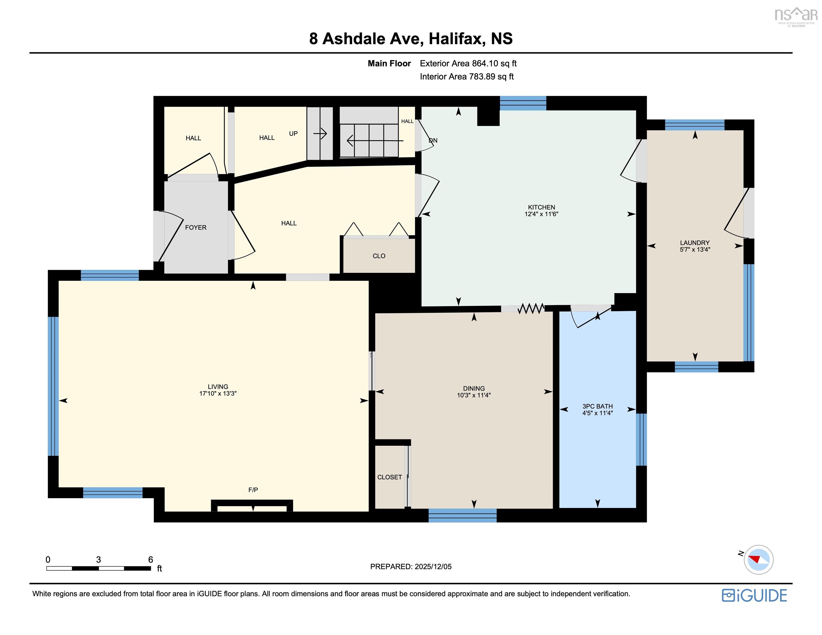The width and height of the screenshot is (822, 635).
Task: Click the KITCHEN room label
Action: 541,207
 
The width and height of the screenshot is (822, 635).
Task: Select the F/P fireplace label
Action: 253,490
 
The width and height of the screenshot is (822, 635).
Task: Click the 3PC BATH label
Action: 597,406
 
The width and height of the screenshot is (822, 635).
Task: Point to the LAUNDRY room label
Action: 694,243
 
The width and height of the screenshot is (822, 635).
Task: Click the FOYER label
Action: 196,227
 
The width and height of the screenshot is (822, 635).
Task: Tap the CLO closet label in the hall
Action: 379,256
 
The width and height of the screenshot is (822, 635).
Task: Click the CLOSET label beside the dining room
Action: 389,477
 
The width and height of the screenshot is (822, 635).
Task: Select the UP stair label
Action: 293,134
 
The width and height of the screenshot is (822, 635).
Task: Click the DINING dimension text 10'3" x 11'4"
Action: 474,395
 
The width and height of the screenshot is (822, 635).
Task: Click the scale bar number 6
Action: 151,559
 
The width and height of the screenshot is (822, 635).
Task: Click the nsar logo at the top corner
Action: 796,16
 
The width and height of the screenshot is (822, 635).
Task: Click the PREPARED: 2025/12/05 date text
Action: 411,566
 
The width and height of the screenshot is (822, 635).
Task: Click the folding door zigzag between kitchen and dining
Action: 531,309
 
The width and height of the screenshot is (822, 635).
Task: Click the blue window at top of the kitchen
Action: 523,103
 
